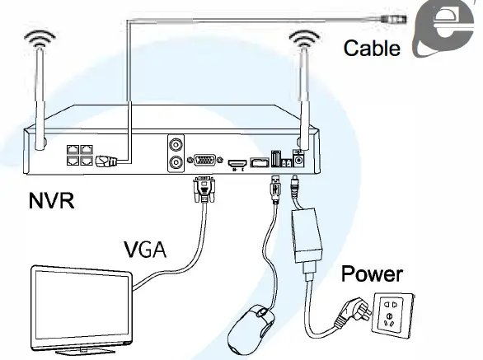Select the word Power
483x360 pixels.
coord(372,273)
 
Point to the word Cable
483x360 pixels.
coord(372,48)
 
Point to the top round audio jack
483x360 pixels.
coord(176,145)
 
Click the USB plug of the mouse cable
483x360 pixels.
coord(274,188)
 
